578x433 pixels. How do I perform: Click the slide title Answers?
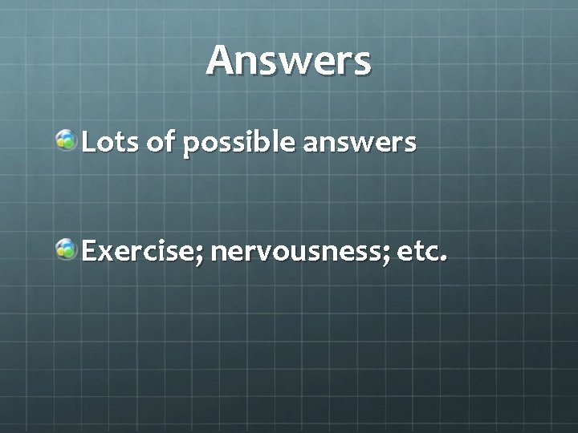288,61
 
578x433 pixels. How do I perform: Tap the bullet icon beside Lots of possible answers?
66,143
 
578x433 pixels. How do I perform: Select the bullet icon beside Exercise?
66,253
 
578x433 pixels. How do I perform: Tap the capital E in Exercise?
88,253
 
